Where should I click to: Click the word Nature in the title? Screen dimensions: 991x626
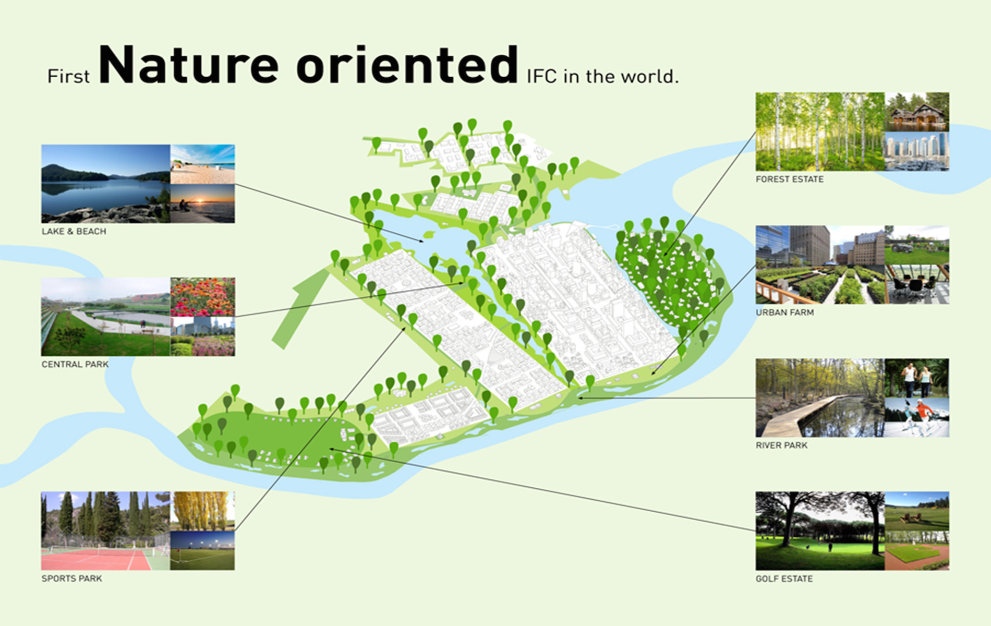tap(189, 65)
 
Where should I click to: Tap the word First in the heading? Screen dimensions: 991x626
tap(68, 77)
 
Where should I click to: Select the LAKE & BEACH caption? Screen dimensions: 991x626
tap(74, 231)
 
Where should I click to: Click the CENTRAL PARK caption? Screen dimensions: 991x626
tap(75, 364)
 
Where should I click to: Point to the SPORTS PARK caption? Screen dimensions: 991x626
tap(72, 578)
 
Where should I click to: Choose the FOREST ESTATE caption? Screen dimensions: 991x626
tap(790, 179)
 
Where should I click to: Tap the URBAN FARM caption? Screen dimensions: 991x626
tap(785, 312)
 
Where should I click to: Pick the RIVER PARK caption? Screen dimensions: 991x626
tap(781, 445)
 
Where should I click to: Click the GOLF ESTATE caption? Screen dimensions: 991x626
tap(784, 579)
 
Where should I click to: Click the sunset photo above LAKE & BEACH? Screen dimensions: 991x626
tap(203, 203)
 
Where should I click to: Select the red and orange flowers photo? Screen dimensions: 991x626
tap(203, 297)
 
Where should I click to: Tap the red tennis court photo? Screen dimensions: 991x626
tap(106, 531)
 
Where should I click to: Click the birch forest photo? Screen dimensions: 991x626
tap(820, 131)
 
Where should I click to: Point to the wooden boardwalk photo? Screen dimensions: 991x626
tap(820, 398)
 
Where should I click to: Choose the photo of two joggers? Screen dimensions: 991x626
tap(917, 378)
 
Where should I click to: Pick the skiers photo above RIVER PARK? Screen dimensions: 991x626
tap(917, 417)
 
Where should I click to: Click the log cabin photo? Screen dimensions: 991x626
tap(917, 112)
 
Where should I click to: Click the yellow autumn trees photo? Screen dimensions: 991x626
tap(203, 511)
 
